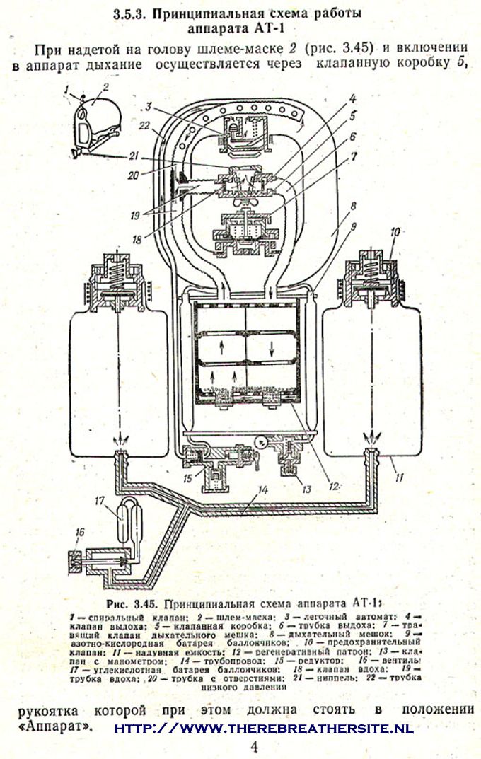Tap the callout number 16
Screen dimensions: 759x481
[x=79, y=531]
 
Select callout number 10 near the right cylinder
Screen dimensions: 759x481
[x=395, y=231]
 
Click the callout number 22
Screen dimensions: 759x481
[x=144, y=126]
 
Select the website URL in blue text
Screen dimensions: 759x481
[x=263, y=728]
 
